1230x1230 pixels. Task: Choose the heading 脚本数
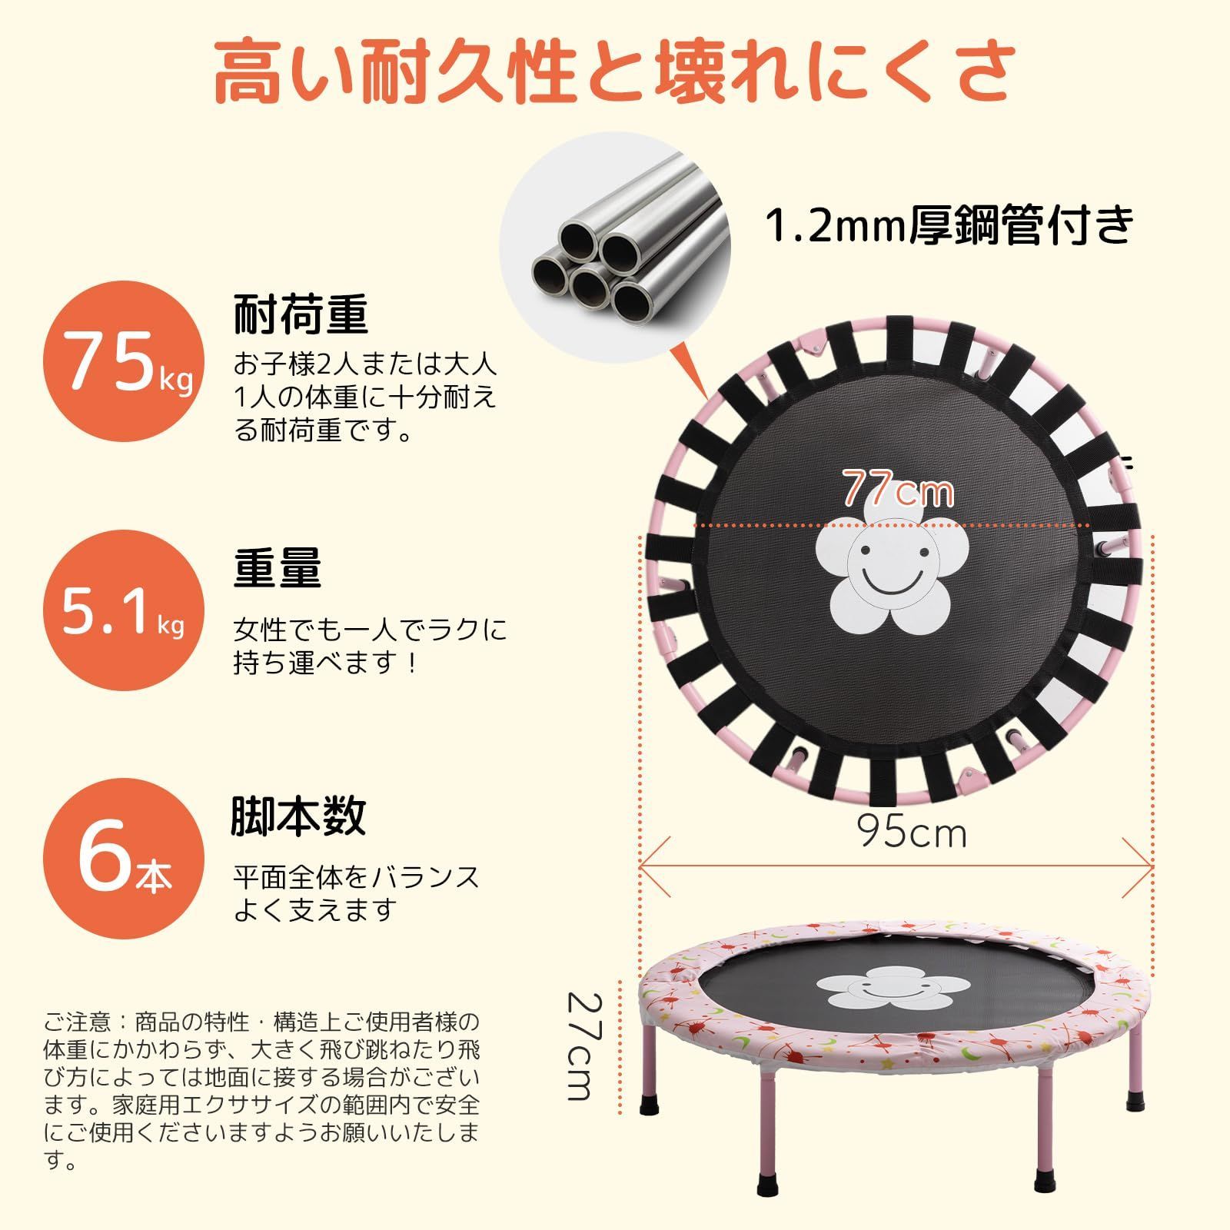coord(299,816)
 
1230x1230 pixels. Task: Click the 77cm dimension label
coord(899,488)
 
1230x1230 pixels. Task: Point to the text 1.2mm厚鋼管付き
coord(949,224)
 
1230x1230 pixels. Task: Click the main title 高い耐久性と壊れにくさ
coord(615,73)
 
